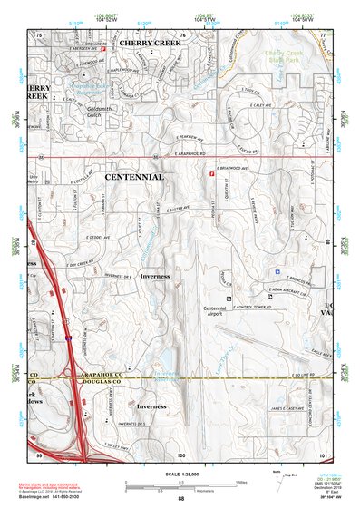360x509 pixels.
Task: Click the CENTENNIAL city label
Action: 137,177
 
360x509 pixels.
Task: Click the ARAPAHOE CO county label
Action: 106,374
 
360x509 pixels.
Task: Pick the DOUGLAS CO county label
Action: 106,382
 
